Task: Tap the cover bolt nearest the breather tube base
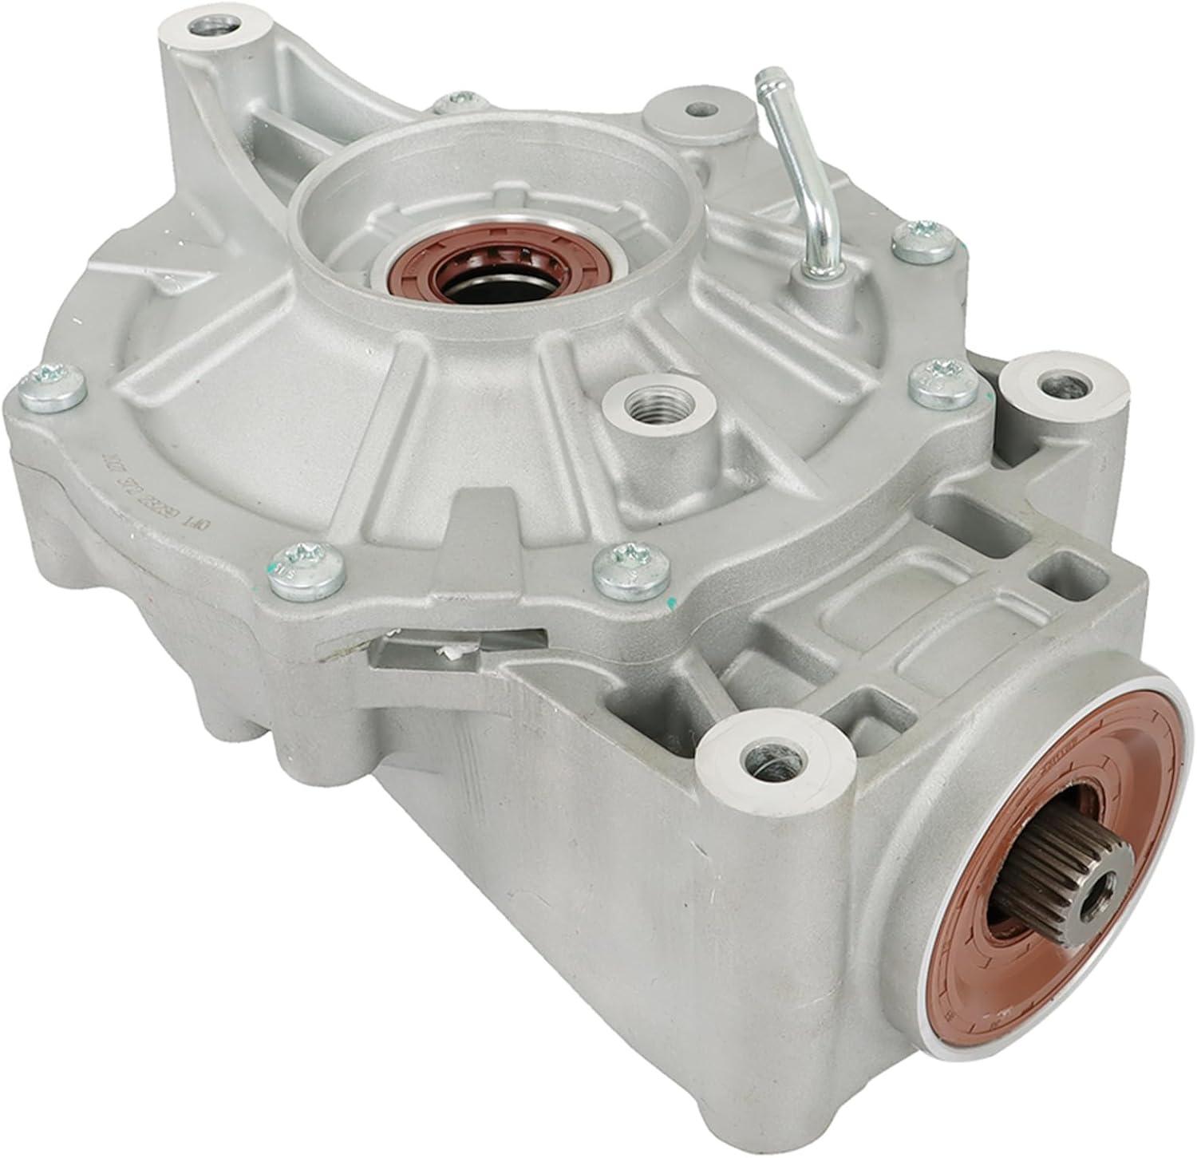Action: click(922, 242)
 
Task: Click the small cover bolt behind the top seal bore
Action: click(456, 100)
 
